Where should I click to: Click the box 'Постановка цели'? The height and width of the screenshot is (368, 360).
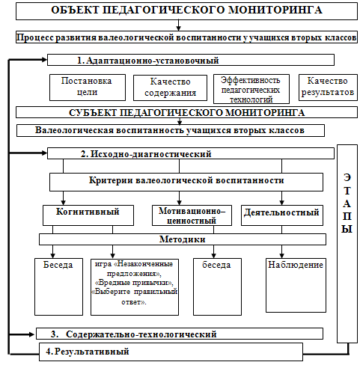click(x=88, y=88)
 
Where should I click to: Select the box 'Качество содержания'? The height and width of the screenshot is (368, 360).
click(x=170, y=88)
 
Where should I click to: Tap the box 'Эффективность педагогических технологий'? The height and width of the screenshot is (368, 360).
click(x=251, y=89)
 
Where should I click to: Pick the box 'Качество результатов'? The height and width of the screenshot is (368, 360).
click(x=328, y=88)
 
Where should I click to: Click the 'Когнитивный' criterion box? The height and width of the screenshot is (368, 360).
click(x=88, y=215)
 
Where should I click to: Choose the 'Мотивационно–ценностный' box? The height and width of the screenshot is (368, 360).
click(x=192, y=215)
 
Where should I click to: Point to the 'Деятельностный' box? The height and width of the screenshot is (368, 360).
click(x=282, y=215)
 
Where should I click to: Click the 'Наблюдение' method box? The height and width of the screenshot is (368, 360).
click(x=296, y=285)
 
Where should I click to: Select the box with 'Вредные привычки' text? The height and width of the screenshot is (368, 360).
click(x=135, y=287)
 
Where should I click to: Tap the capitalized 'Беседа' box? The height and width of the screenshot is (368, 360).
click(x=58, y=286)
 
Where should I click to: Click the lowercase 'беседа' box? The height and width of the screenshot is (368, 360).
click(x=217, y=286)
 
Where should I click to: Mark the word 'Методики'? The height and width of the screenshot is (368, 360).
click(x=183, y=239)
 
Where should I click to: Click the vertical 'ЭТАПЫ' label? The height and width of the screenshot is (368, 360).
click(x=347, y=203)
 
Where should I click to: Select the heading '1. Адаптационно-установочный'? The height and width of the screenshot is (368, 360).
click(x=147, y=61)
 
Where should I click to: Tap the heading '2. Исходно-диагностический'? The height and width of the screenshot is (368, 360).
click(x=146, y=154)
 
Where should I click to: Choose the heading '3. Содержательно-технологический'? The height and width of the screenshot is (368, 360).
click(x=133, y=334)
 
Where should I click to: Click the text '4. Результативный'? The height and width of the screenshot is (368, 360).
click(x=88, y=352)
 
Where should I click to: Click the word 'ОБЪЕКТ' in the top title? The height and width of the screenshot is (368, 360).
click(x=75, y=10)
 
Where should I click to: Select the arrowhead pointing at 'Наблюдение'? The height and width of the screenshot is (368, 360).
click(x=282, y=255)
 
